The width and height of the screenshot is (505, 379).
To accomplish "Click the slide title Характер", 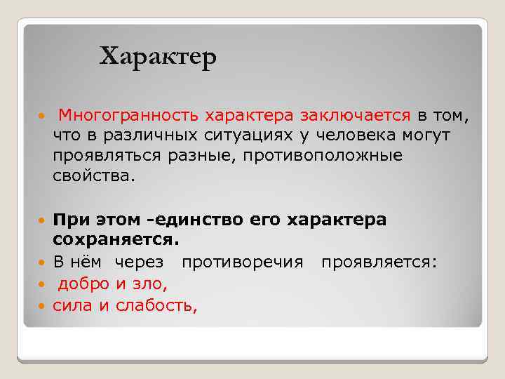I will click(x=158, y=56).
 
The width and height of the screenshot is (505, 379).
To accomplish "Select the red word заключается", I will click(x=356, y=114).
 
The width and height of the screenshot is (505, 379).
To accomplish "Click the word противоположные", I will click(x=323, y=155).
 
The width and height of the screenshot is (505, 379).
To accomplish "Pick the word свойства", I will click(x=92, y=175).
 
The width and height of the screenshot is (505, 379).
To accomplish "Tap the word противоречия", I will click(x=242, y=262).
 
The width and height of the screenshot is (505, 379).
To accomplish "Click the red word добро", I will click(x=83, y=284).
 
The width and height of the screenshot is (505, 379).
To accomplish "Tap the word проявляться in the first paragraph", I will click(x=107, y=155).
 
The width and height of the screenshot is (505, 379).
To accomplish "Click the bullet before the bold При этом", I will click(x=43, y=220).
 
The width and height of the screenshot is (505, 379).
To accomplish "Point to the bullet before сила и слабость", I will click(x=43, y=306).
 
